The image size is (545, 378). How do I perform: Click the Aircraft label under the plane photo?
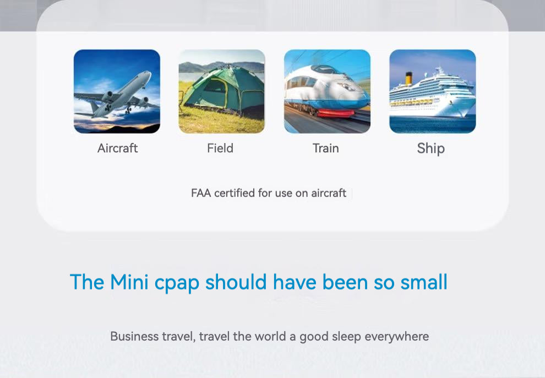click(117, 149)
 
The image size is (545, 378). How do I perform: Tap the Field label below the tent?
click(220, 149)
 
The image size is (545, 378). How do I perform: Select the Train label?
click(326, 149)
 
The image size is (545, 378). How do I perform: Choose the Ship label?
click(430, 149)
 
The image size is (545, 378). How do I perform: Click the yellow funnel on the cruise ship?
click(408, 79)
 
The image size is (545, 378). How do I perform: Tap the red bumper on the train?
click(336, 113)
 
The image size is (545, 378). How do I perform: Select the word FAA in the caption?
click(201, 193)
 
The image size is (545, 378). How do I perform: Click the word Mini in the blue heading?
click(129, 282)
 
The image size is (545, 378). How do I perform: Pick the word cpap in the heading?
click(177, 283)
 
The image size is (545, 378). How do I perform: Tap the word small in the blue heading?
click(424, 282)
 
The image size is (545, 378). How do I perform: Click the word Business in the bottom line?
click(134, 336)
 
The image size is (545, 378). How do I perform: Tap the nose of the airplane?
click(149, 73)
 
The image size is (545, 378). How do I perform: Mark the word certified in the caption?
click(235, 193)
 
